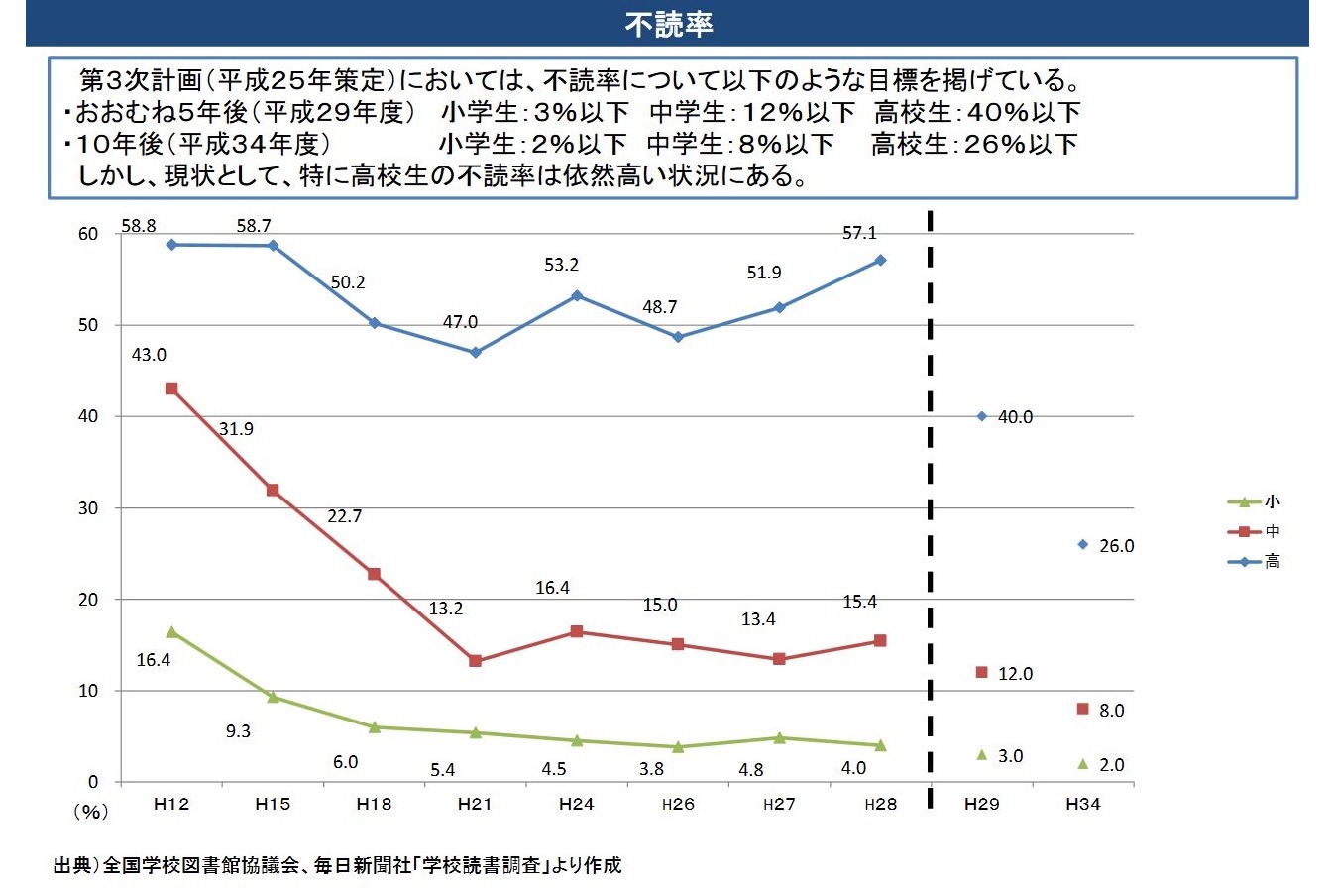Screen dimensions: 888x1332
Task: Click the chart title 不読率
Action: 669,25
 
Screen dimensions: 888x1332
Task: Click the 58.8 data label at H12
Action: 139,226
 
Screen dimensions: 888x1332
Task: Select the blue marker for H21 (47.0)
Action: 476,353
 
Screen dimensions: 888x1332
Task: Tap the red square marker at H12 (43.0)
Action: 171,388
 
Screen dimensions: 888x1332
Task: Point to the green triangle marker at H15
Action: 273,697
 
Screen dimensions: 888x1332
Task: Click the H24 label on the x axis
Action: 576,805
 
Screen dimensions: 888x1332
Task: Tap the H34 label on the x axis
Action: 1083,805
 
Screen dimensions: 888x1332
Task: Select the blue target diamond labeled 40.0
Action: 982,416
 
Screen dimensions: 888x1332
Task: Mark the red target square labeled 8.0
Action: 1082,709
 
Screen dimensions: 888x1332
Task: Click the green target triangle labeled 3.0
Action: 982,755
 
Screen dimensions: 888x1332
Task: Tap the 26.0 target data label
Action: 1116,546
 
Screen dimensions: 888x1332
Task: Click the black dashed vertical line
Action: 931,496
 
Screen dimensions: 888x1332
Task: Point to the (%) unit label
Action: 88,811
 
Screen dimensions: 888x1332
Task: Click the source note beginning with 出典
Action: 337,865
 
